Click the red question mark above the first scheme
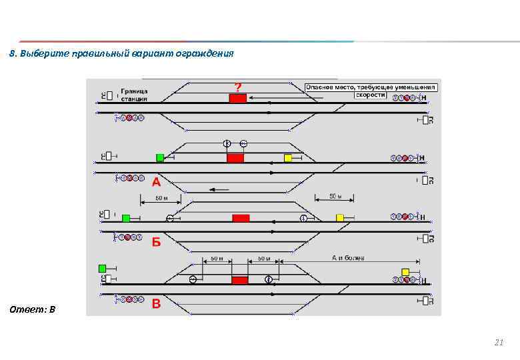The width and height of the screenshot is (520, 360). [237, 87]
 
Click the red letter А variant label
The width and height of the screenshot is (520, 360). [155, 181]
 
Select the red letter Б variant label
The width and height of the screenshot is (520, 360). [156, 242]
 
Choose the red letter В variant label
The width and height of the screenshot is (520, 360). [156, 304]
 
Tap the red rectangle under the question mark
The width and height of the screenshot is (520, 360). [237, 98]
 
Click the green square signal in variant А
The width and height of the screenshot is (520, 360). [160, 157]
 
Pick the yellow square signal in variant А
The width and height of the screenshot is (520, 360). [288, 158]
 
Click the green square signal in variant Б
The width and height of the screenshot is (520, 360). [126, 218]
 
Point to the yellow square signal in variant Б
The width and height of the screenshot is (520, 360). [339, 218]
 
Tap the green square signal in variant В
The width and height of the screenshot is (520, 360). [102, 268]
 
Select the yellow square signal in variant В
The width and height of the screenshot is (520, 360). [405, 271]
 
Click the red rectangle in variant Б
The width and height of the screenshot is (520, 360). [241, 218]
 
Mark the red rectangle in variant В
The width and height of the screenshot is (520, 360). [239, 279]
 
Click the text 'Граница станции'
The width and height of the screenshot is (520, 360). [134, 94]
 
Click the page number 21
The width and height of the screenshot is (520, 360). [498, 343]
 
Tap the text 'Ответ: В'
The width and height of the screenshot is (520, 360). [33, 309]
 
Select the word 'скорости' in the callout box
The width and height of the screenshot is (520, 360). [371, 95]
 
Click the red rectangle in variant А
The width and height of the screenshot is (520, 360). [235, 158]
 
